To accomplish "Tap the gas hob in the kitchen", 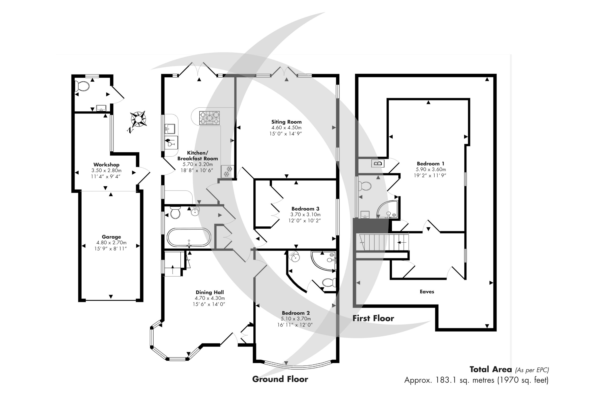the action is pos(209,118).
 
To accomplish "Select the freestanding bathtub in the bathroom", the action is pos(189,237).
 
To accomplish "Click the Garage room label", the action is pos(111,237).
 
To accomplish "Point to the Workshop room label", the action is pos(106,165).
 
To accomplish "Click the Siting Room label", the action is pos(287,122).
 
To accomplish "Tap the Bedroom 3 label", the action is pos(305,209).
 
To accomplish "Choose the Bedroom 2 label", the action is pos(296,313).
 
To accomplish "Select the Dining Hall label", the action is pos(210,292).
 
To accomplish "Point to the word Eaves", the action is pos(427,292).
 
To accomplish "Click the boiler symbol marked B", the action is pos(379,163).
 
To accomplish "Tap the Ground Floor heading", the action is pos(280,379).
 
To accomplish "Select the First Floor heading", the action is pos(373,318).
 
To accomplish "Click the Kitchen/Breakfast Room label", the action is pos(197,156).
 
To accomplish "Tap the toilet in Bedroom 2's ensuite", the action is pos(329,283).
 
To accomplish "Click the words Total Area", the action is pos(491,370).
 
